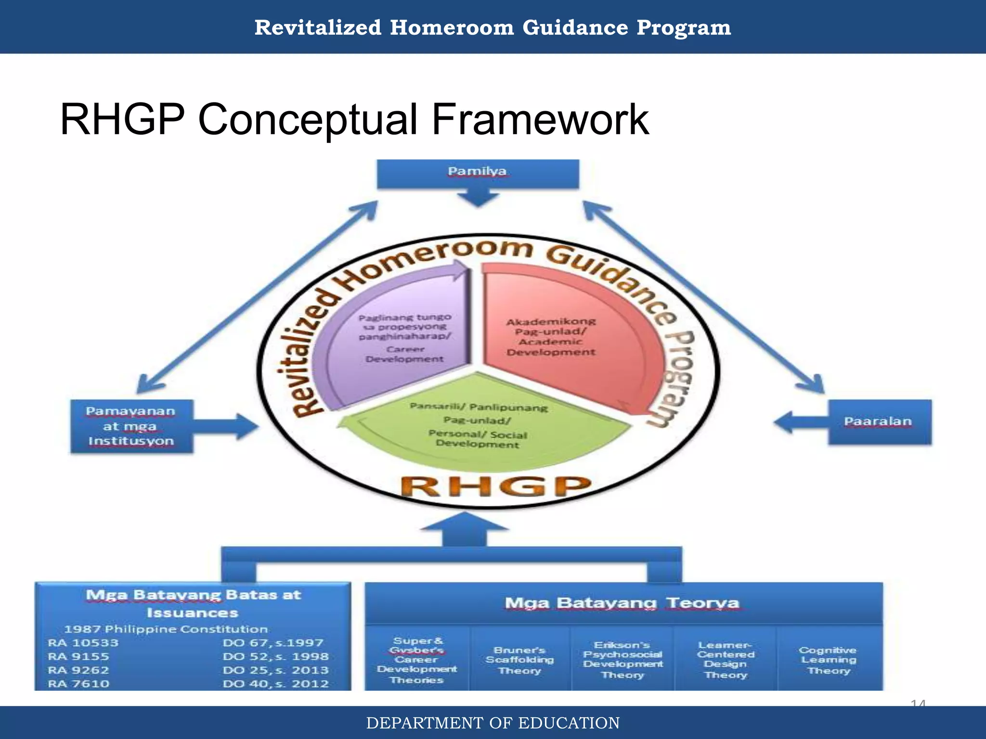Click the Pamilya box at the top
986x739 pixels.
point(477,173)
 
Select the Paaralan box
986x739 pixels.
point(879,422)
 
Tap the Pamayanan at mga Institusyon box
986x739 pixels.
point(131,426)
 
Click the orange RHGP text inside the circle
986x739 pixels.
point(496,486)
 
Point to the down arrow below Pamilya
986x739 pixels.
point(478,197)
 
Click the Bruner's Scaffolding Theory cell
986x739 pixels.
point(519,660)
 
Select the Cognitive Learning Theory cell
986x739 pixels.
point(829,660)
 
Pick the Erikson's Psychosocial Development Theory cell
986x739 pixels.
point(623,660)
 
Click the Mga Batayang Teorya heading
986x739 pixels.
point(622,603)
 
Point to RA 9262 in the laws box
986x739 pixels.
point(78,670)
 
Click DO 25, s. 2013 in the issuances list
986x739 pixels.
point(275,670)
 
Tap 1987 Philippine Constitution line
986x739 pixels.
point(166,629)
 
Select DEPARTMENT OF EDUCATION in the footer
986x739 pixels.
point(493,723)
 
